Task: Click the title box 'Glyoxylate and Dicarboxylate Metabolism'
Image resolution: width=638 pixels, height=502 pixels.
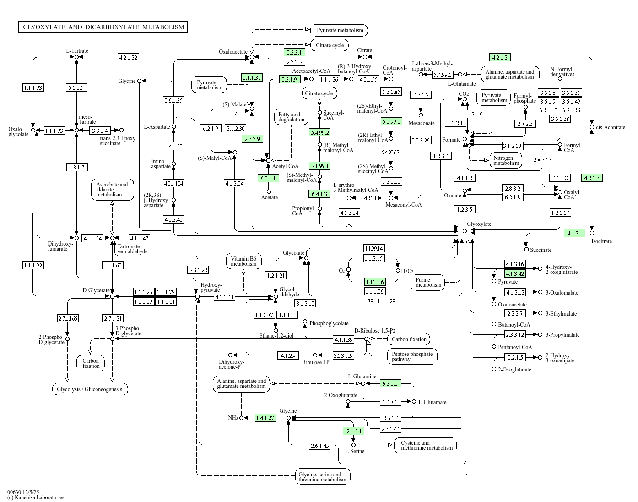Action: tap(103, 27)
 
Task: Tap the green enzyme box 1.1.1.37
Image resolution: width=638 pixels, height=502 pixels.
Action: tap(252, 77)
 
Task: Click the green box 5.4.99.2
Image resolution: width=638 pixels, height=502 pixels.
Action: tap(319, 132)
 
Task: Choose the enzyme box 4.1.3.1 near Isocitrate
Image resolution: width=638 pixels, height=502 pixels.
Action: tap(575, 233)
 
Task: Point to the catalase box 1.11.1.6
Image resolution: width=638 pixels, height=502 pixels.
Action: tap(375, 282)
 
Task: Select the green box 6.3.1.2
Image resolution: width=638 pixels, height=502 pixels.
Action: tap(390, 383)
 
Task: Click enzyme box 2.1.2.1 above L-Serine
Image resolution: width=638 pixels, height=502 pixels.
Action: tap(353, 431)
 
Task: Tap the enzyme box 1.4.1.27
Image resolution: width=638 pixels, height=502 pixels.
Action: tap(265, 418)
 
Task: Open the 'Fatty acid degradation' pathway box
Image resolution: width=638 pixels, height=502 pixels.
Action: tap(291, 117)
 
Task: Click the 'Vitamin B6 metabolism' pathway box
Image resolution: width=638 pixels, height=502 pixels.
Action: tap(243, 261)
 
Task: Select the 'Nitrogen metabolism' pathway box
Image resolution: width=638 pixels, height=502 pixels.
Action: tap(506, 160)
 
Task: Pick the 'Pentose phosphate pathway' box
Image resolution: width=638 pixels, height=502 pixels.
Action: tap(412, 356)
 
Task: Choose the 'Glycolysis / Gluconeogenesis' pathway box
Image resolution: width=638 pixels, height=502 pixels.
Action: tap(90, 389)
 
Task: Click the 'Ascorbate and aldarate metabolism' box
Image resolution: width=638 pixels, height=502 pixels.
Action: tap(109, 190)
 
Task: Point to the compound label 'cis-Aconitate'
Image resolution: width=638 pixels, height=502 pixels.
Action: tap(611, 127)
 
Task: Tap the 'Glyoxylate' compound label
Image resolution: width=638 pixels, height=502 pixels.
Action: tap(479, 224)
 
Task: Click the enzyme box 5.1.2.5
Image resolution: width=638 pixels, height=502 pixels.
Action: tap(76, 87)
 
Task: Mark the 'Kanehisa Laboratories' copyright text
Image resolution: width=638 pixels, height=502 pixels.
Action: tap(36, 497)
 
